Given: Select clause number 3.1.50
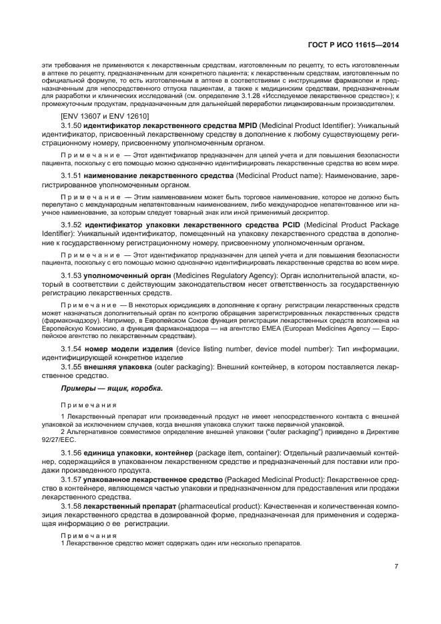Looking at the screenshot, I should (x=71, y=125).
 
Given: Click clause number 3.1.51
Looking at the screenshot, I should (x=71, y=175).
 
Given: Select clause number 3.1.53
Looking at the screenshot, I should (x=71, y=275).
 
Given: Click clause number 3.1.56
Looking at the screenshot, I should (x=71, y=453).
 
